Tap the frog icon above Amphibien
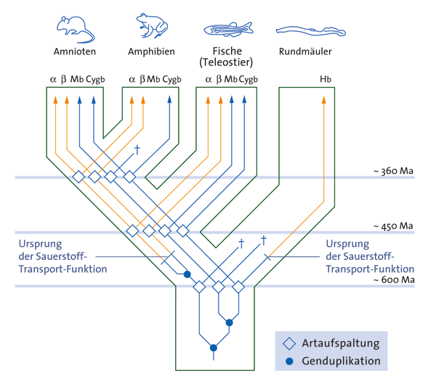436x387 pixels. [x=151, y=27]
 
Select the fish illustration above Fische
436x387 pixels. [x=227, y=29]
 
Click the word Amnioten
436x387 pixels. [x=75, y=52]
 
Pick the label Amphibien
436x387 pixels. [x=151, y=52]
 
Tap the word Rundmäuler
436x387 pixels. [x=305, y=52]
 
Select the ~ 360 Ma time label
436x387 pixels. [x=393, y=171]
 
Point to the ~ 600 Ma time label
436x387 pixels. [x=393, y=280]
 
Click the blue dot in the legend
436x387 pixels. [x=290, y=360]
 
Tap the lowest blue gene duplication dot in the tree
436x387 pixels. [x=213, y=346]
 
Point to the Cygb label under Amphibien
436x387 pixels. [x=171, y=79]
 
